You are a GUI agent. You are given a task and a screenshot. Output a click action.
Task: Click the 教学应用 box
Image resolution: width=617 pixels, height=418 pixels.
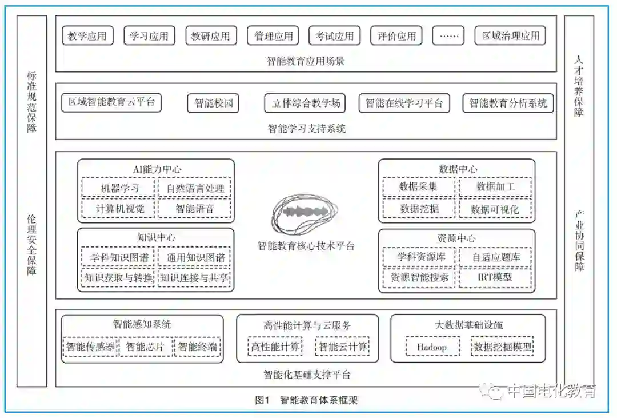[87, 36]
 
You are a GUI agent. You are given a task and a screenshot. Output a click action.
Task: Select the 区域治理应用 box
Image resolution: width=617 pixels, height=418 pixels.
[510, 36]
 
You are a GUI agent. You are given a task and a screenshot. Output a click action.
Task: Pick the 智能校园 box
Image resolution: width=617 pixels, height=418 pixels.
[213, 103]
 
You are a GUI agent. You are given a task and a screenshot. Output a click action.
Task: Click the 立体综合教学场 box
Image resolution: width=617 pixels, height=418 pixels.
[306, 103]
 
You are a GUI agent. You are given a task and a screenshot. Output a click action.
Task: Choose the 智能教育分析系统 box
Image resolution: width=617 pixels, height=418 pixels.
[508, 103]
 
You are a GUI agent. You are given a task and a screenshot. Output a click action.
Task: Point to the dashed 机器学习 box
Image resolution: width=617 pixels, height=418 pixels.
[119, 188]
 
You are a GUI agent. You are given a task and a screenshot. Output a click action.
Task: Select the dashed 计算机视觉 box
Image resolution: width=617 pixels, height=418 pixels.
[119, 209]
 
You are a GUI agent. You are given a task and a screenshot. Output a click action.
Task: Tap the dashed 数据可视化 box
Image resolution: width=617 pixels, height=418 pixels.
[495, 209]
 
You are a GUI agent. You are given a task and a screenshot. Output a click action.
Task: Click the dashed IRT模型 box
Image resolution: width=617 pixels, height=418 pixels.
[495, 278]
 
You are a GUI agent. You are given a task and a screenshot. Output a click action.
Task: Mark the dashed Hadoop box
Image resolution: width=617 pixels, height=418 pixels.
[431, 347]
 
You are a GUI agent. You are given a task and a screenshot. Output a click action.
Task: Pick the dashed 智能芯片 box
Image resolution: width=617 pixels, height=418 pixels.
[145, 347]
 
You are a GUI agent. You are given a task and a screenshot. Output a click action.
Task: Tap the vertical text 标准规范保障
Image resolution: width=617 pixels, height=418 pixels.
[31, 102]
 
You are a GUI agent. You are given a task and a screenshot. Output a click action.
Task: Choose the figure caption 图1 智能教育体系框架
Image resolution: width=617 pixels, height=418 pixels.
[306, 400]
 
